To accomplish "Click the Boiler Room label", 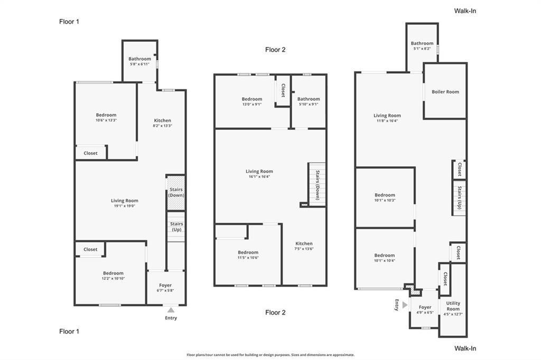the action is (x=445, y=92).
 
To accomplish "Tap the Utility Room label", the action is (x=453, y=306).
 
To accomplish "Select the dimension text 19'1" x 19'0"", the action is (x=125, y=206).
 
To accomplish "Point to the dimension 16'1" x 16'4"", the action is (x=259, y=176).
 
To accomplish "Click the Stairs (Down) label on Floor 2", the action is (x=318, y=185).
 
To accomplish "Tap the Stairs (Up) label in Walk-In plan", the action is (x=460, y=197).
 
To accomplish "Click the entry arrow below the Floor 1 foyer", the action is (x=171, y=310).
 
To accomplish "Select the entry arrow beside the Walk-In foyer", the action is (x=405, y=305).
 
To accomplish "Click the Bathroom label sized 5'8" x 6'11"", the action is (x=139, y=59).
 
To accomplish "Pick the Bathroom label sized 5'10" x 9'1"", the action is (x=309, y=99).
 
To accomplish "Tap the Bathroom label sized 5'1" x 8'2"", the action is (x=422, y=43).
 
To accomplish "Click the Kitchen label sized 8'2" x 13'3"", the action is (x=163, y=120).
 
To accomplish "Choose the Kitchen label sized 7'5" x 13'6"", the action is (x=304, y=243).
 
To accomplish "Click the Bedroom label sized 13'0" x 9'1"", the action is (x=252, y=99).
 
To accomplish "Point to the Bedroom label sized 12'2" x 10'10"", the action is (x=113, y=273).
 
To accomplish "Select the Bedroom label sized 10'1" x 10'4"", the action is (x=385, y=255).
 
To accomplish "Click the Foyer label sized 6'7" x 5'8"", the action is (x=165, y=285).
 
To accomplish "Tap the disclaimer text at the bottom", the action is (x=270, y=355).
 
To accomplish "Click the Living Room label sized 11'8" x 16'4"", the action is (x=387, y=116).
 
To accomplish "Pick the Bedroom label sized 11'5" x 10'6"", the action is (x=248, y=252).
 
